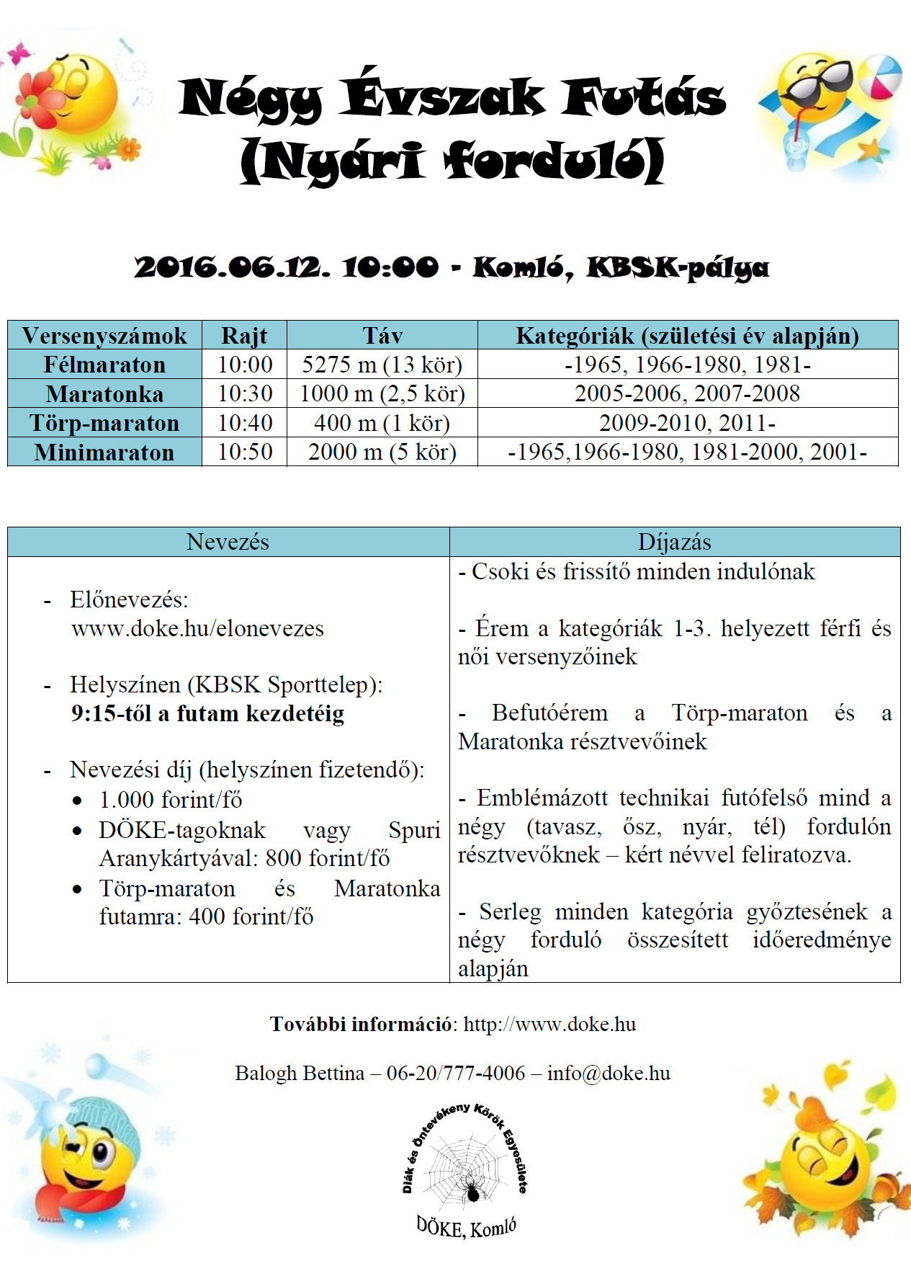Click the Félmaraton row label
click(x=104, y=365)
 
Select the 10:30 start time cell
click(x=245, y=393)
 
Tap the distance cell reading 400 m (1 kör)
click(x=382, y=423)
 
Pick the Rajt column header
click(x=244, y=336)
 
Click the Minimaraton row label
click(x=104, y=452)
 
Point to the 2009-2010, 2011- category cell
click(x=687, y=423)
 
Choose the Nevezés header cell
click(x=228, y=542)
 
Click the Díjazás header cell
click(x=674, y=542)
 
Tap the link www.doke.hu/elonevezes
click(x=197, y=628)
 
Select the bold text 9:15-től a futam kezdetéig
click(x=207, y=713)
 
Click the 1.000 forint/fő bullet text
click(x=171, y=800)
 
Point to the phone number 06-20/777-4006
click(x=456, y=1073)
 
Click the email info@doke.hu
click(x=609, y=1073)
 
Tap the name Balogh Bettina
click(x=300, y=1073)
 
